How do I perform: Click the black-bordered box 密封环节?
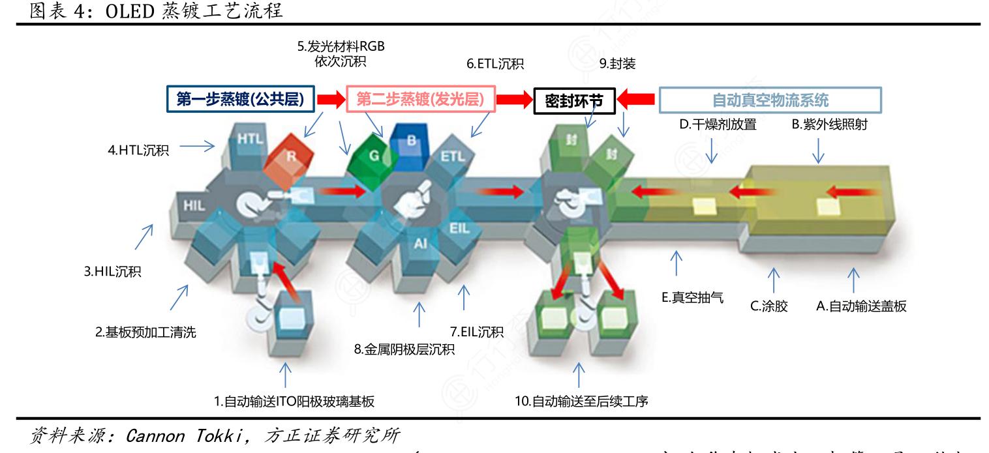point(574,101)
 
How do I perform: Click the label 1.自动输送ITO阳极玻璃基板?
point(294,402)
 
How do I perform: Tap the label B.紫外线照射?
point(829,124)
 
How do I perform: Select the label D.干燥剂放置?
point(718,124)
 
